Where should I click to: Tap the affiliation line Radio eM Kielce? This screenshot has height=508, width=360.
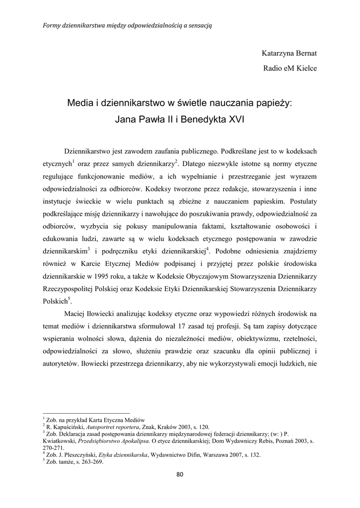(289, 68)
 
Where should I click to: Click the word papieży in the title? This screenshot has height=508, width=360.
(274, 104)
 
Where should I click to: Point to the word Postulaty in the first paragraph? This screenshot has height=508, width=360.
(301, 201)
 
